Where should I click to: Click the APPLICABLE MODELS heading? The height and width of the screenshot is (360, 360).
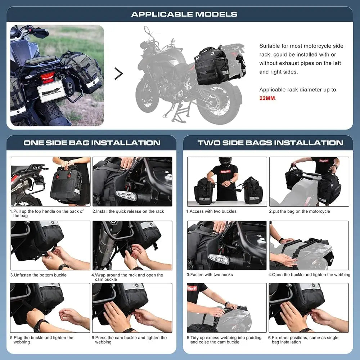point(184,14)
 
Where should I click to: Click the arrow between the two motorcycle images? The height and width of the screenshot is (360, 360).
point(118,73)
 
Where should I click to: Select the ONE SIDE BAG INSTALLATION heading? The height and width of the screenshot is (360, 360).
point(92,143)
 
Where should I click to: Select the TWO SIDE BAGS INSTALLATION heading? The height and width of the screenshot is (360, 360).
point(270,143)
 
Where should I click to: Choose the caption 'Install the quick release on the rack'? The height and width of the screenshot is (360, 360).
point(128,211)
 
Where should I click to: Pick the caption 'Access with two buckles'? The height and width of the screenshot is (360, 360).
point(211,211)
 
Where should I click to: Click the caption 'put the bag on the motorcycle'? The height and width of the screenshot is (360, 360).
point(299,211)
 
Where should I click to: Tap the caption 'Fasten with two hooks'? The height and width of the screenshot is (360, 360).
point(210,275)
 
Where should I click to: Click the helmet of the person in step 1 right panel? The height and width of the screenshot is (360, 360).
point(225,162)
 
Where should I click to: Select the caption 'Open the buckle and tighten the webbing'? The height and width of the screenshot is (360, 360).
point(309,275)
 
